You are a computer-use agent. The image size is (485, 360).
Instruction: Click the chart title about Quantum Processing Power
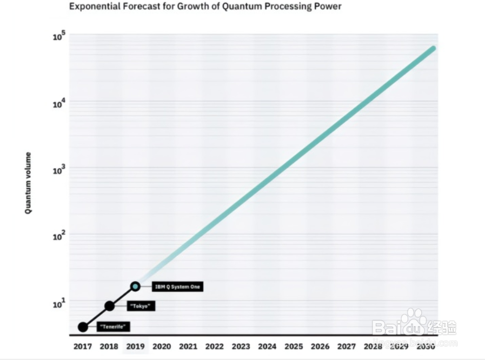(x=205, y=7)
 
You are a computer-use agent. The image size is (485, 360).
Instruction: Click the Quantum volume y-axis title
(x=28, y=183)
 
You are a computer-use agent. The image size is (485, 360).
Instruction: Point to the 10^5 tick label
(x=59, y=37)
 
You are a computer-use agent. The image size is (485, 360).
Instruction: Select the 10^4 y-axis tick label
(x=59, y=103)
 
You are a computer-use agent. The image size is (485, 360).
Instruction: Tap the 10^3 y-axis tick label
(x=59, y=170)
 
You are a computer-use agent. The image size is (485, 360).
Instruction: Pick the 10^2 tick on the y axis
(x=59, y=236)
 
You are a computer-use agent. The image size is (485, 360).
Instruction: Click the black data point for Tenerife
(x=83, y=327)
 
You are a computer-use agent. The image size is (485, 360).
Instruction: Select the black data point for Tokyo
(x=109, y=306)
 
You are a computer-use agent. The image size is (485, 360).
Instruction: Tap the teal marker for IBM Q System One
(x=135, y=286)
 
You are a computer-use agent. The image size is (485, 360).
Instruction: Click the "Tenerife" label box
(x=114, y=327)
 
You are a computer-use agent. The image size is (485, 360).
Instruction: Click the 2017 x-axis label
(x=83, y=346)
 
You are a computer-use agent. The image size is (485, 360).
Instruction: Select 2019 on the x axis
(x=135, y=346)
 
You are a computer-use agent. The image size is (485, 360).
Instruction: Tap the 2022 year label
(x=214, y=346)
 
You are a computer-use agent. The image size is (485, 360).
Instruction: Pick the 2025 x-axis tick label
(x=294, y=346)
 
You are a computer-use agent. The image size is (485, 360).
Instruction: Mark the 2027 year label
(x=347, y=346)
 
